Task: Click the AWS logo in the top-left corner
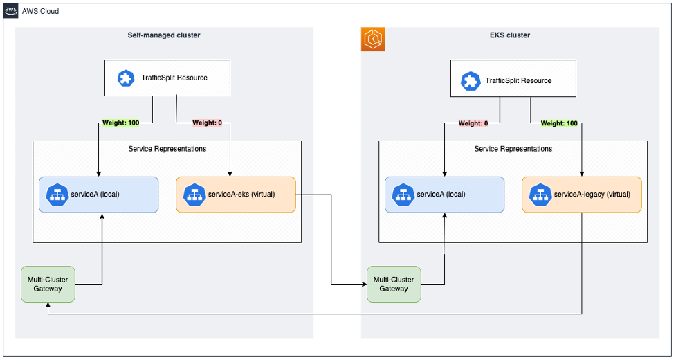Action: click(x=11, y=11)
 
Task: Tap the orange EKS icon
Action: click(x=374, y=39)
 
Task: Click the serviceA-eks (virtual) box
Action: click(x=235, y=194)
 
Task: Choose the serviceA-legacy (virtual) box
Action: click(x=581, y=194)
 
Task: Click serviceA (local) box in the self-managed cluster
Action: click(x=98, y=194)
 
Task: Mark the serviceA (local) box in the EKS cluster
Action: click(x=444, y=194)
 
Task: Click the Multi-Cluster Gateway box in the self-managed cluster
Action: click(x=48, y=284)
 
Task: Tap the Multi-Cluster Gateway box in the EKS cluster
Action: click(x=394, y=284)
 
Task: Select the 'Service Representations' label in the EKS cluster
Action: click(x=513, y=149)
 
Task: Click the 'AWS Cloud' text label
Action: click(x=41, y=11)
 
